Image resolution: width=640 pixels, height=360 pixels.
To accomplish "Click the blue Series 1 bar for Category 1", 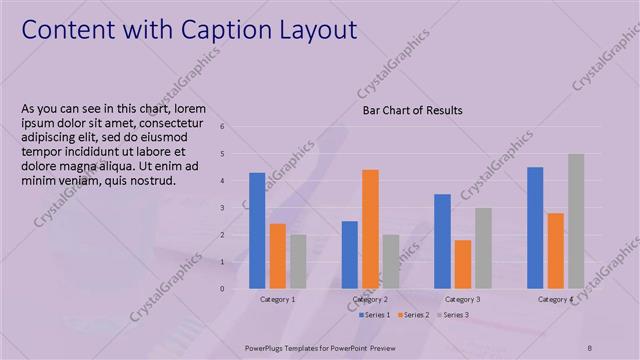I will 257,231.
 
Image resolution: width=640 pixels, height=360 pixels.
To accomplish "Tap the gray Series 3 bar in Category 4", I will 576,221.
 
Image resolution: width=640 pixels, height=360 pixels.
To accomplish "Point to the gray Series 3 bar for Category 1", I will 298,262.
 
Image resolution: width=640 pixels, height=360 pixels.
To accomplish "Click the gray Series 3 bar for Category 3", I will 483,248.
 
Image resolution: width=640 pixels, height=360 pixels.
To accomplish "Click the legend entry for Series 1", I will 375,315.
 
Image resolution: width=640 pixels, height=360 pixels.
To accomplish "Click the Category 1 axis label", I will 277,300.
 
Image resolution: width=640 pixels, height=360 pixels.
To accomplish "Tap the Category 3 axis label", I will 462,300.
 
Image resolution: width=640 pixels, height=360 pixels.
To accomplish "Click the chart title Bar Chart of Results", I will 412,110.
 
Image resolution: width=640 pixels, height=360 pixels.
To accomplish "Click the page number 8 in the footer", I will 589,347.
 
